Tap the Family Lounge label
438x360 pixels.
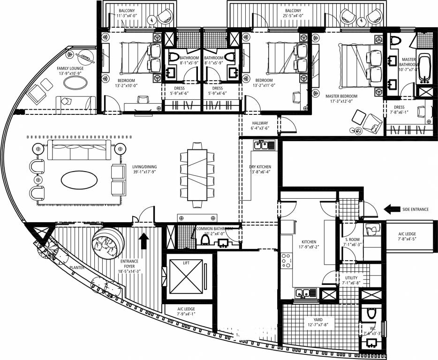(70, 68)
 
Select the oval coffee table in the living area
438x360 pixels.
(80, 179)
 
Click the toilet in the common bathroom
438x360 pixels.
(204, 240)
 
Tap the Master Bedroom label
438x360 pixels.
(341, 97)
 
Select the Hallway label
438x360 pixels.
(260, 124)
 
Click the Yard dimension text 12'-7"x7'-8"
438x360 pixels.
(319, 325)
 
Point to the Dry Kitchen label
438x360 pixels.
(260, 167)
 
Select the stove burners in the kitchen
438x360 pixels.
(286, 261)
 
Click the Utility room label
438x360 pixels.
(351, 278)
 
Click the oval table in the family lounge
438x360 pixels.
(75, 82)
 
